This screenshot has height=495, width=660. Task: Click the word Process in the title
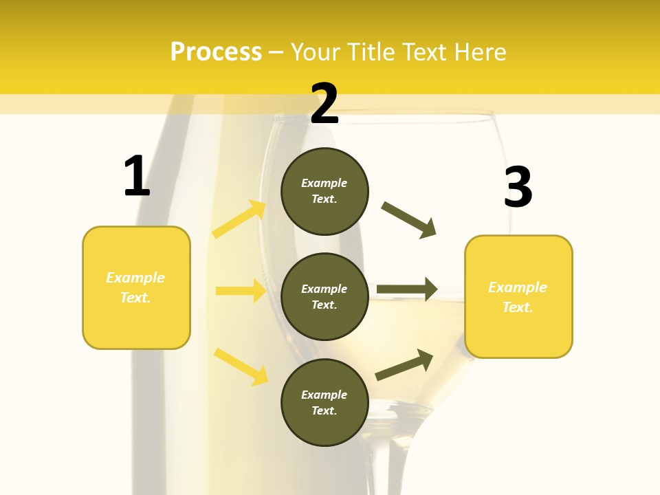216,52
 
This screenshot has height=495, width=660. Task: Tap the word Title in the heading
368,52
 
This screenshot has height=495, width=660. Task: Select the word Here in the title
479,52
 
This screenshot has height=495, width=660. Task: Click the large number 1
137,176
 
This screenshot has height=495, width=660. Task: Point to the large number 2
324,104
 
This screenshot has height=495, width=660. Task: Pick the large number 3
518,187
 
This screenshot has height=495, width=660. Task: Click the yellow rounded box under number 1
136,287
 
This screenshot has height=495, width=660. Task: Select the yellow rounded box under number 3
518,296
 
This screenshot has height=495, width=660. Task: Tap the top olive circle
324,191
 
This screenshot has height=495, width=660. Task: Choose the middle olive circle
324,296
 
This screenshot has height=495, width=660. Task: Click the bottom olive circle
324,402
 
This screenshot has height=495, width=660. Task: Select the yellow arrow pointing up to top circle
239,219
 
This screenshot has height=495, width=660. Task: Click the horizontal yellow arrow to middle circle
240,291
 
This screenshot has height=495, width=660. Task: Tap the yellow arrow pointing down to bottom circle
241,366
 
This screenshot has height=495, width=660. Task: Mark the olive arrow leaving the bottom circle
404,365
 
